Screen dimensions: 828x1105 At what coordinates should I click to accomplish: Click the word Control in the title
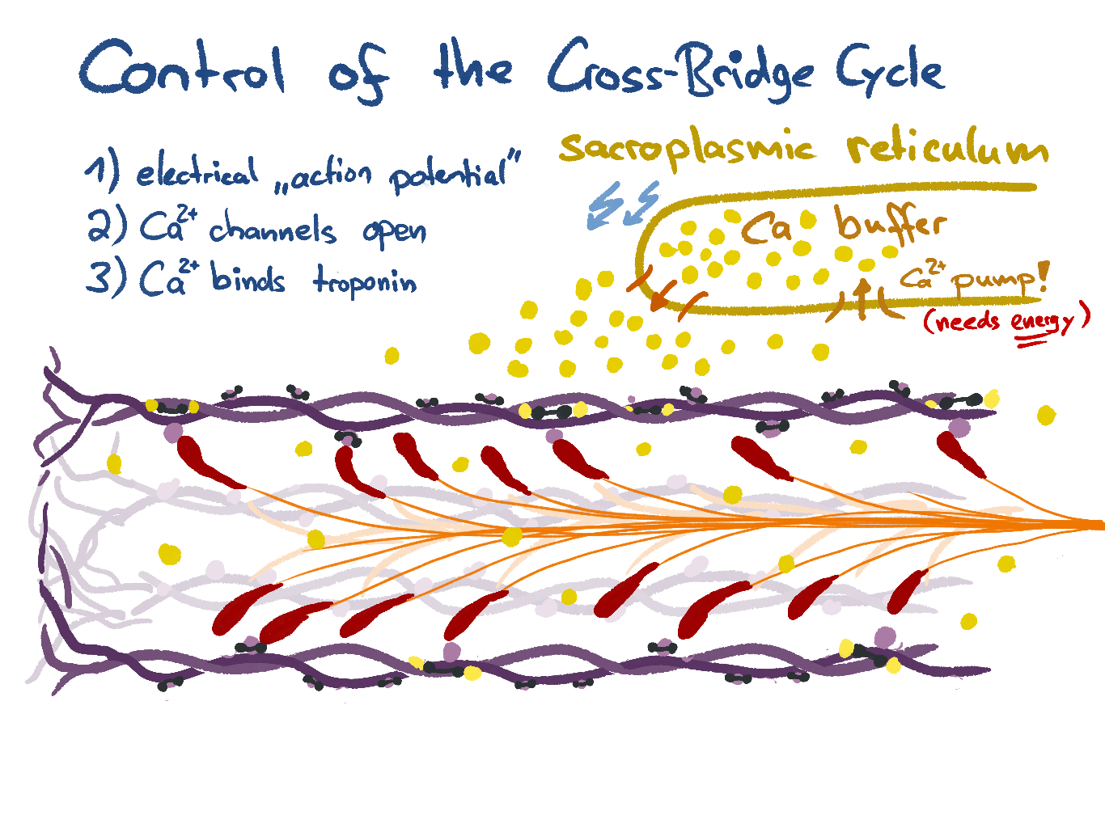coord(182,69)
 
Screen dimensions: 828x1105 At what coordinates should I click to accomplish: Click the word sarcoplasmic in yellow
coord(688,150)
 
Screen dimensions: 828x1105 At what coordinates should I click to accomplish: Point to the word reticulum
coord(947,150)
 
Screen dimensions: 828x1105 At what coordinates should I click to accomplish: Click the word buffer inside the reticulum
coord(890,224)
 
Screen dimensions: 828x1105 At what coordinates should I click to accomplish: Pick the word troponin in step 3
coord(365,281)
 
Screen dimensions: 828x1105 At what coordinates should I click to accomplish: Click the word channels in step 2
coord(272,230)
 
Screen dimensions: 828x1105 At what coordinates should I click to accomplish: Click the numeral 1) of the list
coord(101,171)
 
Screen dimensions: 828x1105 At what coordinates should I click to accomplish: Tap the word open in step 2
coord(394,233)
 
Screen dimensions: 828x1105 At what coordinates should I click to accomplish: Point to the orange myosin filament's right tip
coord(1097,526)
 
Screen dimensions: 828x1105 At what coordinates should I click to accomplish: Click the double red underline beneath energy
coord(1031,343)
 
